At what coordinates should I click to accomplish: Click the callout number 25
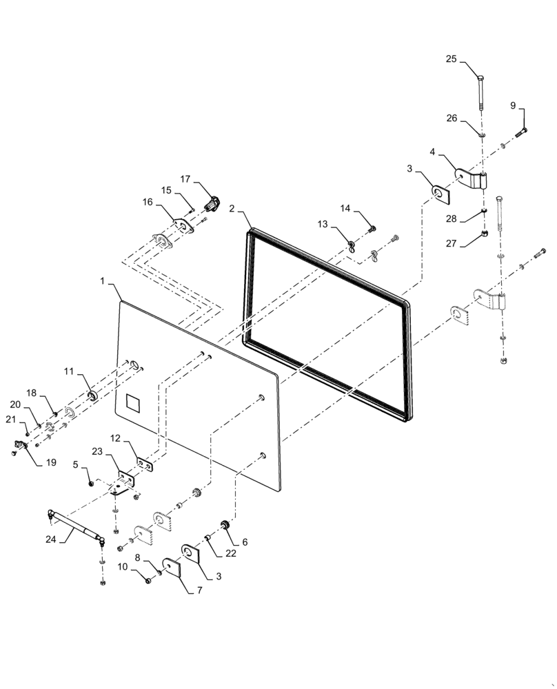(451, 60)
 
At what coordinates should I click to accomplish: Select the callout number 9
(512, 105)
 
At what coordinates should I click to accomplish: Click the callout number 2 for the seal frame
(232, 207)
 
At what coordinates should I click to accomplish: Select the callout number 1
(103, 282)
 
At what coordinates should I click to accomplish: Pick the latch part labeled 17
(212, 203)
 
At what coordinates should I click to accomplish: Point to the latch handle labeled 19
(19, 449)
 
